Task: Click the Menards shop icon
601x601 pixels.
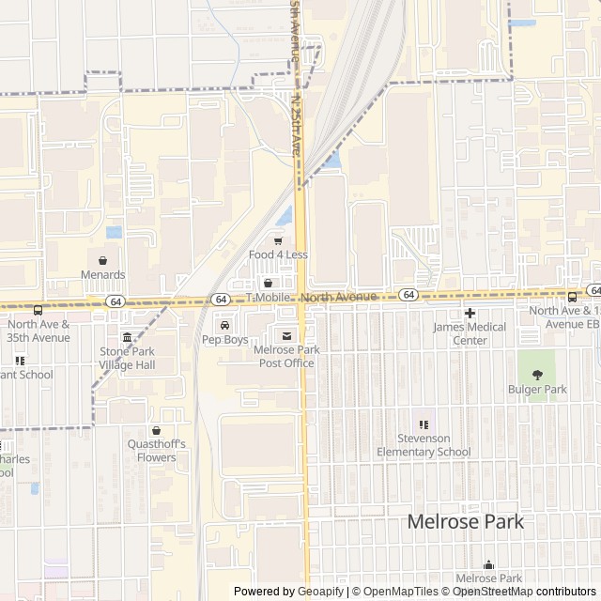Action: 102,260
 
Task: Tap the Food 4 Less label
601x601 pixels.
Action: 278,254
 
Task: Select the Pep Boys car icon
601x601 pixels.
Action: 224,325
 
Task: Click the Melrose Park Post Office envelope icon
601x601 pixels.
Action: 286,335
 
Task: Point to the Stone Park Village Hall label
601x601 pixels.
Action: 127,358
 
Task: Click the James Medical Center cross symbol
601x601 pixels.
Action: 470,313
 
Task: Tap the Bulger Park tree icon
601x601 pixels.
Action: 538,375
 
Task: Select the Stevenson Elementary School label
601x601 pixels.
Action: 424,445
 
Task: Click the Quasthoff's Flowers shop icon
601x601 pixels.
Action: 156,430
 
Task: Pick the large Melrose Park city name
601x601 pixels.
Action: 465,522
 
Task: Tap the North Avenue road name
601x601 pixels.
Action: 339,297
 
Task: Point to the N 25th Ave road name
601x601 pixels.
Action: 296,123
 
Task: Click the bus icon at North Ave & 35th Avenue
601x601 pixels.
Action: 38,311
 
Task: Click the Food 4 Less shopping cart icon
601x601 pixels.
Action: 278,240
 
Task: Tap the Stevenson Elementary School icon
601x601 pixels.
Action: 424,424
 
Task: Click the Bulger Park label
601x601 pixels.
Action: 538,389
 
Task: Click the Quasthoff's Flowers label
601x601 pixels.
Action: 156,451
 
